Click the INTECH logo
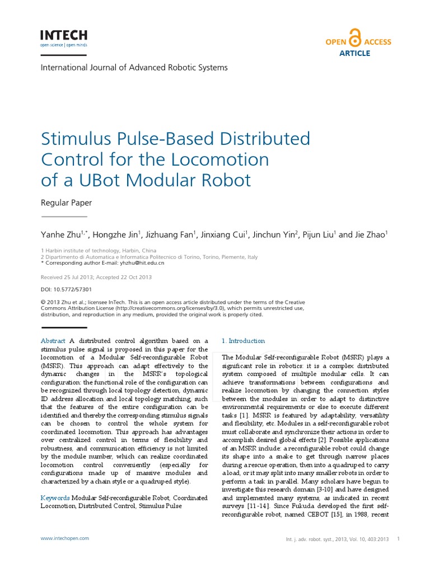click(x=63, y=37)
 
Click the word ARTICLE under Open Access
click(x=355, y=53)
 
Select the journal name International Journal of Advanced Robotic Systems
click(x=134, y=68)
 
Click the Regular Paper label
click(x=67, y=203)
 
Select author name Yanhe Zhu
click(x=61, y=235)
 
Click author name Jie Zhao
click(x=371, y=235)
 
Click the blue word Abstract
click(x=53, y=341)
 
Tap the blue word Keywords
click(x=55, y=497)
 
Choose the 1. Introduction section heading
click(x=244, y=341)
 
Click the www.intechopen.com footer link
click(x=65, y=538)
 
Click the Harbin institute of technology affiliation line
click(x=99, y=251)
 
